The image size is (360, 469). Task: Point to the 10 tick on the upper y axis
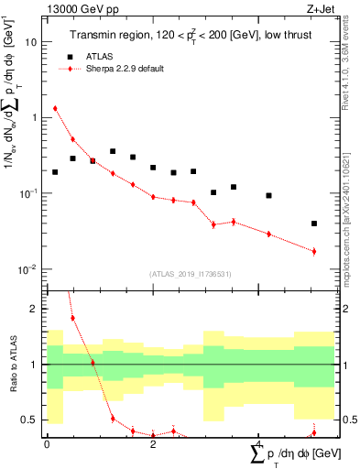click(x=32, y=42)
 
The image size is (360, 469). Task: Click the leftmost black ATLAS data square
click(x=55, y=172)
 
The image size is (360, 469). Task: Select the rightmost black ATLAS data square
click(x=314, y=224)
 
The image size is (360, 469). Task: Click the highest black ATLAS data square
click(x=113, y=151)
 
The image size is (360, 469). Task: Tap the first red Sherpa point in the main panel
click(x=55, y=108)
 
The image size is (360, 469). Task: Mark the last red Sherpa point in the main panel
click(x=314, y=251)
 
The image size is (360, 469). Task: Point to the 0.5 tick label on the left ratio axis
click(x=31, y=420)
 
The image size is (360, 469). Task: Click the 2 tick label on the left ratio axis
click(x=35, y=309)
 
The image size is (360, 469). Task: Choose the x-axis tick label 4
click(x=257, y=444)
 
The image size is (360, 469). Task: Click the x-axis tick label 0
click(x=47, y=444)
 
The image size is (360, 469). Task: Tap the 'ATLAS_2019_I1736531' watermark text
click(x=190, y=274)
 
